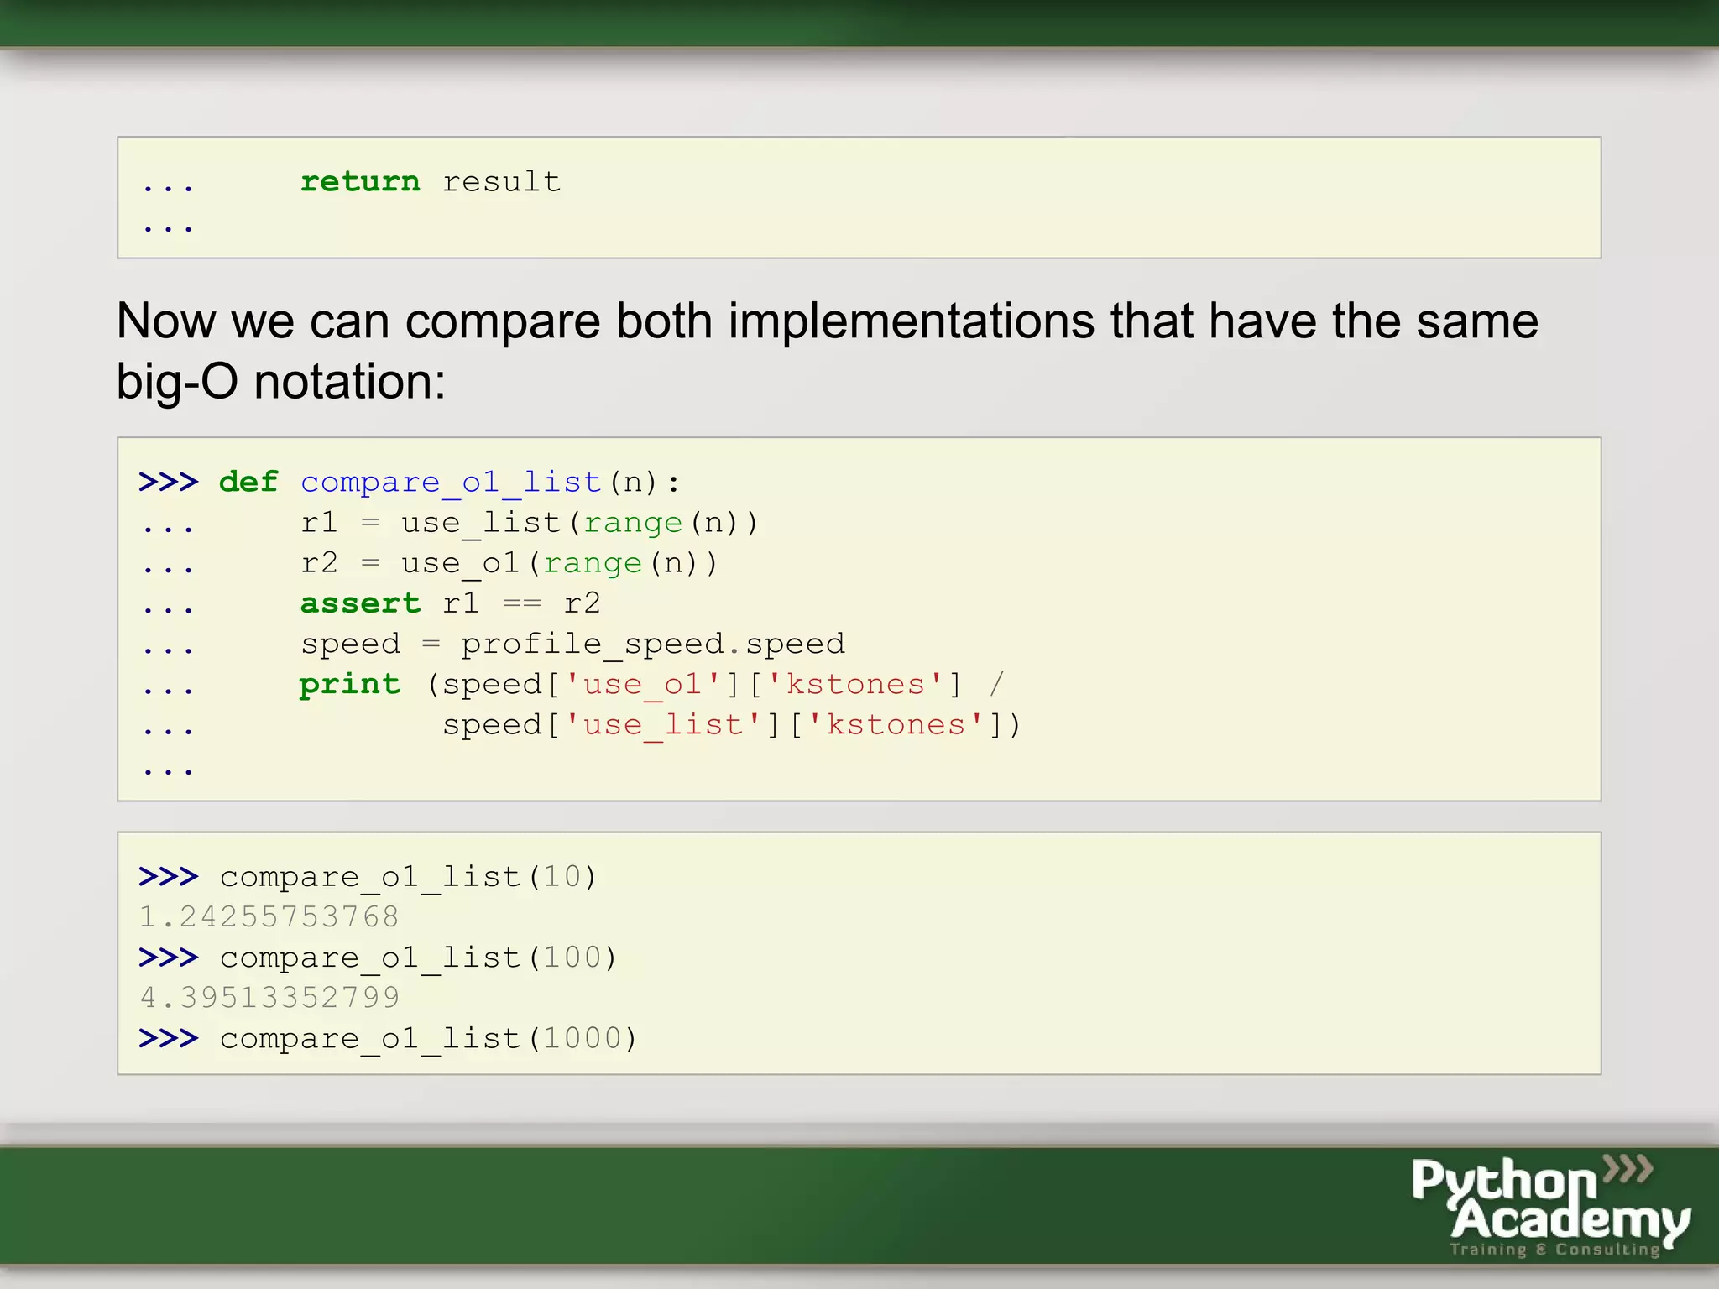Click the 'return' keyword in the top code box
[x=359, y=181]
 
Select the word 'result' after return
[x=501, y=181]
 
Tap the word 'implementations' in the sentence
[x=911, y=321]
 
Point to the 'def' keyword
[x=248, y=482]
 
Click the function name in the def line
[x=451, y=483]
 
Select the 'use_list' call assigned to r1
[x=480, y=523]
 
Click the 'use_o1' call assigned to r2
[x=460, y=563]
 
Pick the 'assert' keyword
[x=359, y=603]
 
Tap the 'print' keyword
[x=349, y=685]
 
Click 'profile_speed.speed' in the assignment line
[x=652, y=644]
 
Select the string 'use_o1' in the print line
[x=643, y=685]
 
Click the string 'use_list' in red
[x=663, y=725]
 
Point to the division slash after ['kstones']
[x=996, y=684]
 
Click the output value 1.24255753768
[x=269, y=916]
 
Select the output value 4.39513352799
[x=269, y=998]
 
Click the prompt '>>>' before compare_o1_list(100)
[x=168, y=958]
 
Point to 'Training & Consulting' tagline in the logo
[x=1554, y=1250]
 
